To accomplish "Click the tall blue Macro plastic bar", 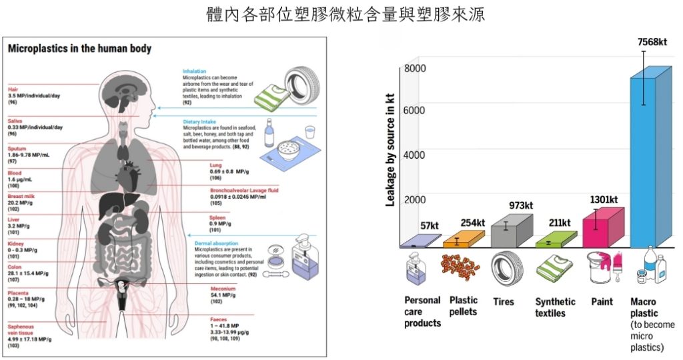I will pos(647,160).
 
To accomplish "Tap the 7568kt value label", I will pos(652,42).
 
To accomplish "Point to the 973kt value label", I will pos(522,205).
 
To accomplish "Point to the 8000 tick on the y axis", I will pos(414,69).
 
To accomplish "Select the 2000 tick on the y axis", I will pos(414,199).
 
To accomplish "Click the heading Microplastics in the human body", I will pos(79,49).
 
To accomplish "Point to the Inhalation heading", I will pos(195,71).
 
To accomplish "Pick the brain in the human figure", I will pos(127,91).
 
